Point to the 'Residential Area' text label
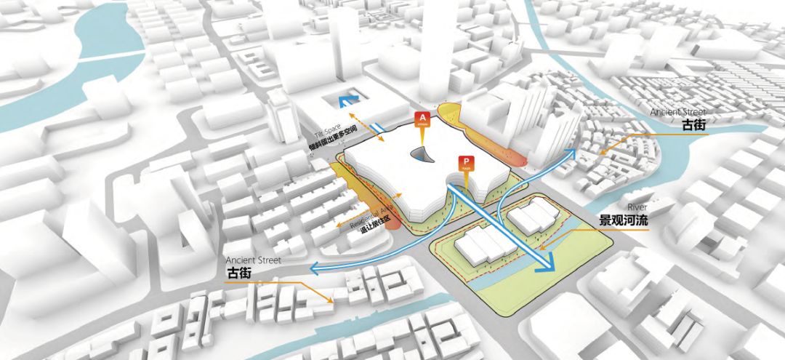click(372, 216)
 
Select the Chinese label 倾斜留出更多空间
click(328, 145)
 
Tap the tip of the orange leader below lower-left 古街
click(333, 300)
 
